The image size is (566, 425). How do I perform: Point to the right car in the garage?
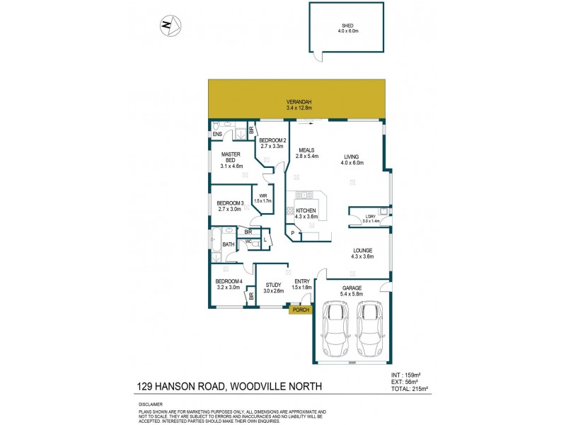point(369,329)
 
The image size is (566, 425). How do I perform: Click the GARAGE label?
point(352,288)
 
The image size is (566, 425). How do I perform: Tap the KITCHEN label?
point(306,212)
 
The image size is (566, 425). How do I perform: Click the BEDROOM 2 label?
point(272,141)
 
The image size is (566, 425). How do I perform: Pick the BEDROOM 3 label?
point(230,204)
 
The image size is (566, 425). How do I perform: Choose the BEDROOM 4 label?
point(229,283)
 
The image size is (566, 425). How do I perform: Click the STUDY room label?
point(273,286)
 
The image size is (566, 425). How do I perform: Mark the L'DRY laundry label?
point(370,217)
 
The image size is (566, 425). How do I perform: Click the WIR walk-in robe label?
point(262,196)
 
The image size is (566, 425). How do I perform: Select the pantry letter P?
point(291,232)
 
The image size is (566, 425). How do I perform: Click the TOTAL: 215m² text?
point(410,389)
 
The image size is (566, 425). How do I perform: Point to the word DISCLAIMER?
point(151,404)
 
